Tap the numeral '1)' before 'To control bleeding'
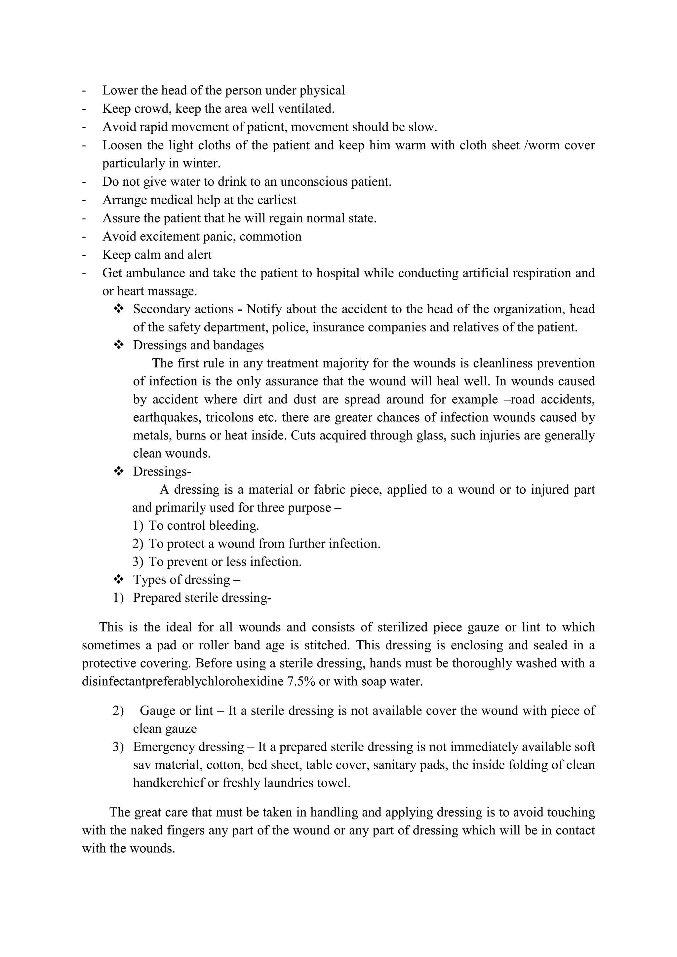click(138, 526)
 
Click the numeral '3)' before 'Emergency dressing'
click(118, 746)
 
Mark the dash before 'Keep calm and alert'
click(84, 255)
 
